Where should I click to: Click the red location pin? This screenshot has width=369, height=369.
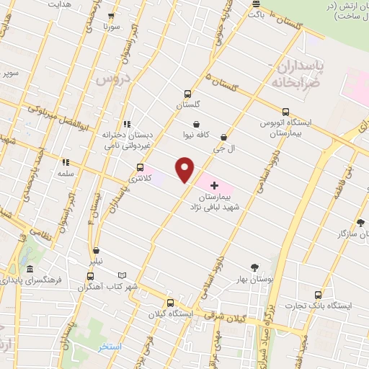(185, 169)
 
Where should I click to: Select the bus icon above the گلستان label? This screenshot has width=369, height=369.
(187, 94)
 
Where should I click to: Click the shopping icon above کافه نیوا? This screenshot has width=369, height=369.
(196, 124)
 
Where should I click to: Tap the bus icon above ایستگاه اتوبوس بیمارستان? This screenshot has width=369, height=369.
(286, 112)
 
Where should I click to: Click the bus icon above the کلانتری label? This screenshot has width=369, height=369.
(140, 166)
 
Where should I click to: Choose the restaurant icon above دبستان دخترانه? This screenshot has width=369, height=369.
(128, 124)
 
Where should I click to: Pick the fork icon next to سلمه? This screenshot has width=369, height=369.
(65, 163)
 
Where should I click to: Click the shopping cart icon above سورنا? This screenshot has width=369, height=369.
(110, 16)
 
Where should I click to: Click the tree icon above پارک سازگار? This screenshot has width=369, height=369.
(360, 223)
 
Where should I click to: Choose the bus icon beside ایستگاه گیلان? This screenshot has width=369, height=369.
(170, 303)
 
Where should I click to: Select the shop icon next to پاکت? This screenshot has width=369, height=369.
(255, 12)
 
